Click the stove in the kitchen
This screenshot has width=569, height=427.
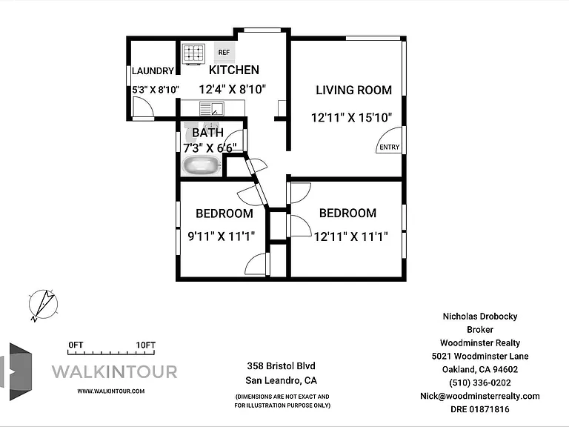[x=193, y=53]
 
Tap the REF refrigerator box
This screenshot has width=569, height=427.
[x=224, y=53]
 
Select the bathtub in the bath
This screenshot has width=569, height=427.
[x=202, y=166]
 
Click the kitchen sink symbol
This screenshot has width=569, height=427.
[x=212, y=108]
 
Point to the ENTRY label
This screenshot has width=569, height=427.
[x=390, y=147]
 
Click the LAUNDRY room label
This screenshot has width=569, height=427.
[x=153, y=71]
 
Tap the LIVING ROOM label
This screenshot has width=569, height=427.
[x=354, y=90]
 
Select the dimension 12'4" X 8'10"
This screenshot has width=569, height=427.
[x=233, y=89]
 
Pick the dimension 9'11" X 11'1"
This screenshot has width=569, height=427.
[x=222, y=236]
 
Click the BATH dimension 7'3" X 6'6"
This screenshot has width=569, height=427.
[x=210, y=148]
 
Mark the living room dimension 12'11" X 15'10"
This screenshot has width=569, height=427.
[x=352, y=118]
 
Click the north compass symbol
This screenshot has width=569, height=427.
[x=43, y=305]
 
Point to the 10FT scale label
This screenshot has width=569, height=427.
[x=145, y=345]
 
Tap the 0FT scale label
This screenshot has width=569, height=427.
[x=76, y=345]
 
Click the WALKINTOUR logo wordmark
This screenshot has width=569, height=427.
[x=114, y=372]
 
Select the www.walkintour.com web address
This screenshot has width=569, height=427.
[x=110, y=391]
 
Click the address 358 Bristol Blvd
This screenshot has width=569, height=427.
[x=282, y=366]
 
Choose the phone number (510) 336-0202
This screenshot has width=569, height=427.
[x=480, y=383]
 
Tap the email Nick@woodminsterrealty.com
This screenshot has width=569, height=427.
[x=480, y=396]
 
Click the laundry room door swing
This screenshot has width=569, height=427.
[x=142, y=107]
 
